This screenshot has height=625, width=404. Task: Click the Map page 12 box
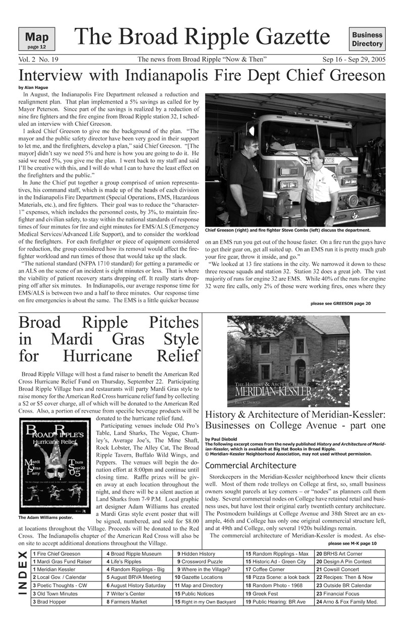(x=36, y=39)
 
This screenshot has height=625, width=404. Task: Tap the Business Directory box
(x=367, y=39)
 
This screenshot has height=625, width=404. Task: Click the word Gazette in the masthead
(x=289, y=37)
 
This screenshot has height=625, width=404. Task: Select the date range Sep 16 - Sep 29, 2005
(x=354, y=60)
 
